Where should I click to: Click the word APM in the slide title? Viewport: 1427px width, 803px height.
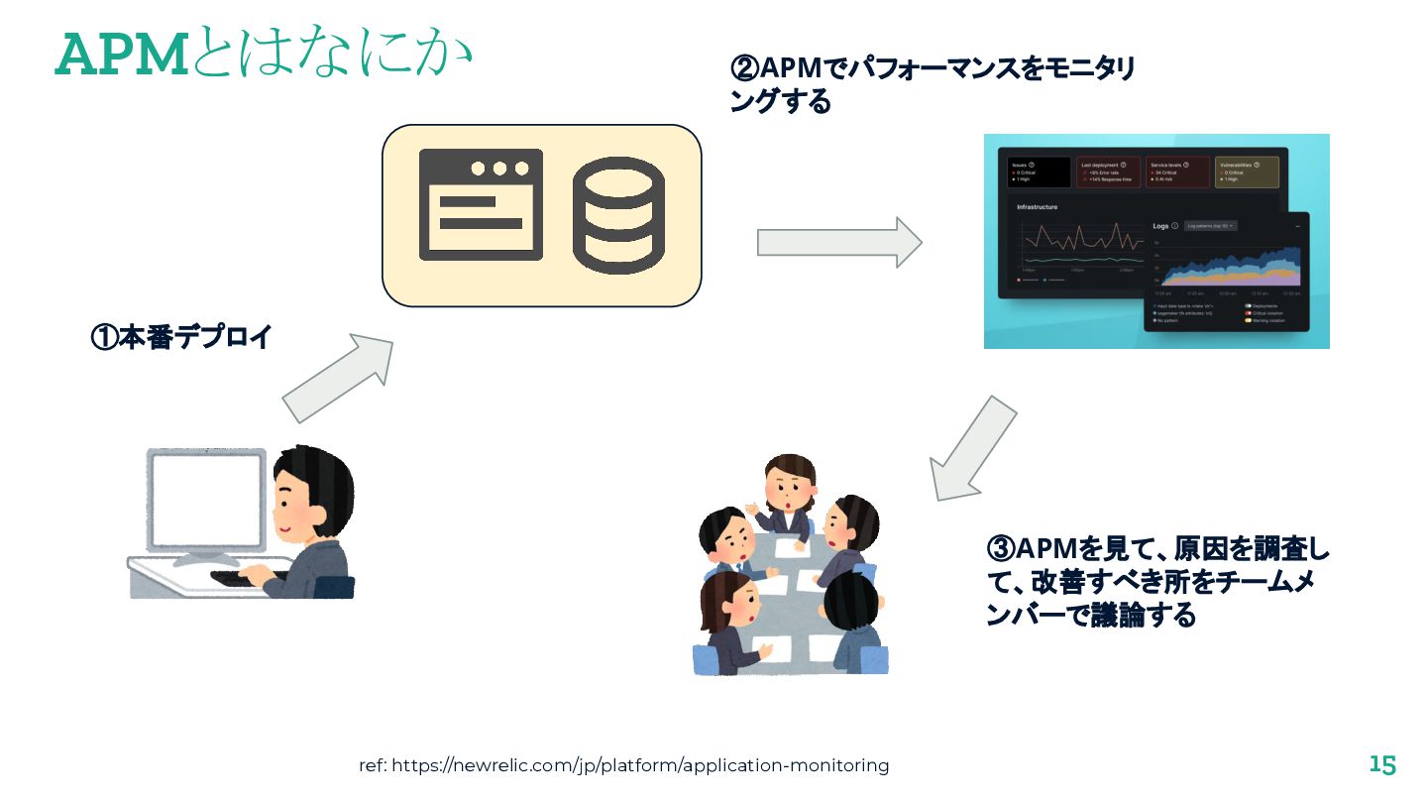pyautogui.click(x=122, y=55)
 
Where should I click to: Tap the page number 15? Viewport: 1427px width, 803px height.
pyautogui.click(x=1382, y=765)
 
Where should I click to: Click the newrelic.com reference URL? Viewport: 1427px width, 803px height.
pyautogui.click(x=623, y=765)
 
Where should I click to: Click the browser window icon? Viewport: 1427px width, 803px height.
pyautogui.click(x=481, y=204)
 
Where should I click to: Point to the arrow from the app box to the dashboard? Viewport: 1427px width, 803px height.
pyautogui.click(x=839, y=242)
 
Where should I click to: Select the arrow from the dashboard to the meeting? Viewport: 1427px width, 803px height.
pyautogui.click(x=972, y=449)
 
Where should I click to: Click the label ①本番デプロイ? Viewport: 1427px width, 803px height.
pyautogui.click(x=181, y=337)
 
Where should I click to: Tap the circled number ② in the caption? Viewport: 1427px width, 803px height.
pyautogui.click(x=744, y=69)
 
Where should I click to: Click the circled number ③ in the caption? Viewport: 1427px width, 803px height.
pyautogui.click(x=1001, y=548)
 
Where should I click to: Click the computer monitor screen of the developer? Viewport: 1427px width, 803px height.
pyautogui.click(x=206, y=500)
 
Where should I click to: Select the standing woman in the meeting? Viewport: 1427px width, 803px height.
pyautogui.click(x=787, y=496)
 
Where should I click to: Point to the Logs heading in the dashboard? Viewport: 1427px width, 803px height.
pyautogui.click(x=1160, y=226)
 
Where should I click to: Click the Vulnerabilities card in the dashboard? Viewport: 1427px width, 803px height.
pyautogui.click(x=1247, y=172)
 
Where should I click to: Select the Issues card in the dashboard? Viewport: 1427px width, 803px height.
pyautogui.click(x=1040, y=172)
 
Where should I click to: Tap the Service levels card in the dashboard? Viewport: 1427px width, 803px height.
pyautogui.click(x=1177, y=172)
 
